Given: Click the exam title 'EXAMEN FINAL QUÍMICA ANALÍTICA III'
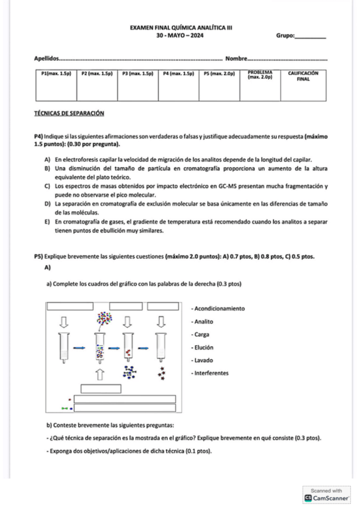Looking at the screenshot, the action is (x=181, y=28).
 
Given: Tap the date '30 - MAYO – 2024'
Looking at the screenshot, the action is (x=180, y=35).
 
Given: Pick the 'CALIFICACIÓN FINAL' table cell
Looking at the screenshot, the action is (x=303, y=85).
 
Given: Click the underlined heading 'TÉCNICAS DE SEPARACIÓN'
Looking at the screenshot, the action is (x=69, y=114).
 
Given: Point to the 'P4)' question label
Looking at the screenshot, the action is (x=38, y=137).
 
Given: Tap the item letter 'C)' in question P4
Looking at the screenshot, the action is (x=47, y=186).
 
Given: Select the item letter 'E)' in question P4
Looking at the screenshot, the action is (x=47, y=222).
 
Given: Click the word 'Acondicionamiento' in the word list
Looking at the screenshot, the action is (x=219, y=309).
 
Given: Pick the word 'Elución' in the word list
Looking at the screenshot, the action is (x=204, y=348).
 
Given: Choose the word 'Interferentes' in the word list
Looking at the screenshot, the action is (x=212, y=373).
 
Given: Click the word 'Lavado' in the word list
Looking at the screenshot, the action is (x=204, y=360).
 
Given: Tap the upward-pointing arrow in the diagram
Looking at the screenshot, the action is (x=100, y=374).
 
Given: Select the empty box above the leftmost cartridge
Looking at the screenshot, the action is (x=70, y=306).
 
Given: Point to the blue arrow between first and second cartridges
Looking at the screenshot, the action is (x=79, y=348).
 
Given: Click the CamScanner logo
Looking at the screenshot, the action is (x=326, y=498).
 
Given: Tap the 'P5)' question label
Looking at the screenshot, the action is (x=38, y=257).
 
